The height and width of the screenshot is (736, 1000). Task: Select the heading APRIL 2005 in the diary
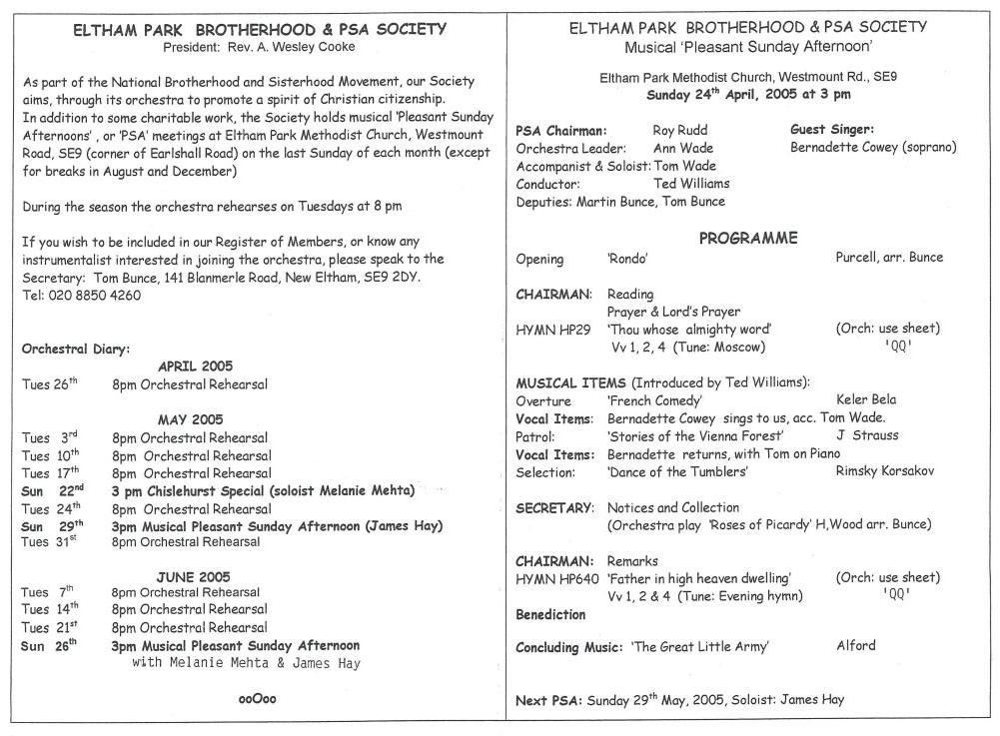click(195, 367)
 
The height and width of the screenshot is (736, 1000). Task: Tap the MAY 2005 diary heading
click(190, 419)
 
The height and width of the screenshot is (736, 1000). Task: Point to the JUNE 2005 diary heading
click(193, 576)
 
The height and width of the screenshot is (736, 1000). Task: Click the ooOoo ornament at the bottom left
click(258, 699)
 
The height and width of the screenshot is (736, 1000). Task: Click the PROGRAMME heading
click(747, 238)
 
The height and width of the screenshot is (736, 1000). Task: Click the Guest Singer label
click(832, 130)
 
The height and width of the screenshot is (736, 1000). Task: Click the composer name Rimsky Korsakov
click(888, 471)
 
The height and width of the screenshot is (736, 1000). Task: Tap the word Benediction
click(550, 614)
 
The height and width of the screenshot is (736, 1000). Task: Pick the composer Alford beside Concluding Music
click(855, 645)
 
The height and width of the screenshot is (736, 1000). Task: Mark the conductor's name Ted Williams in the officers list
click(691, 184)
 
